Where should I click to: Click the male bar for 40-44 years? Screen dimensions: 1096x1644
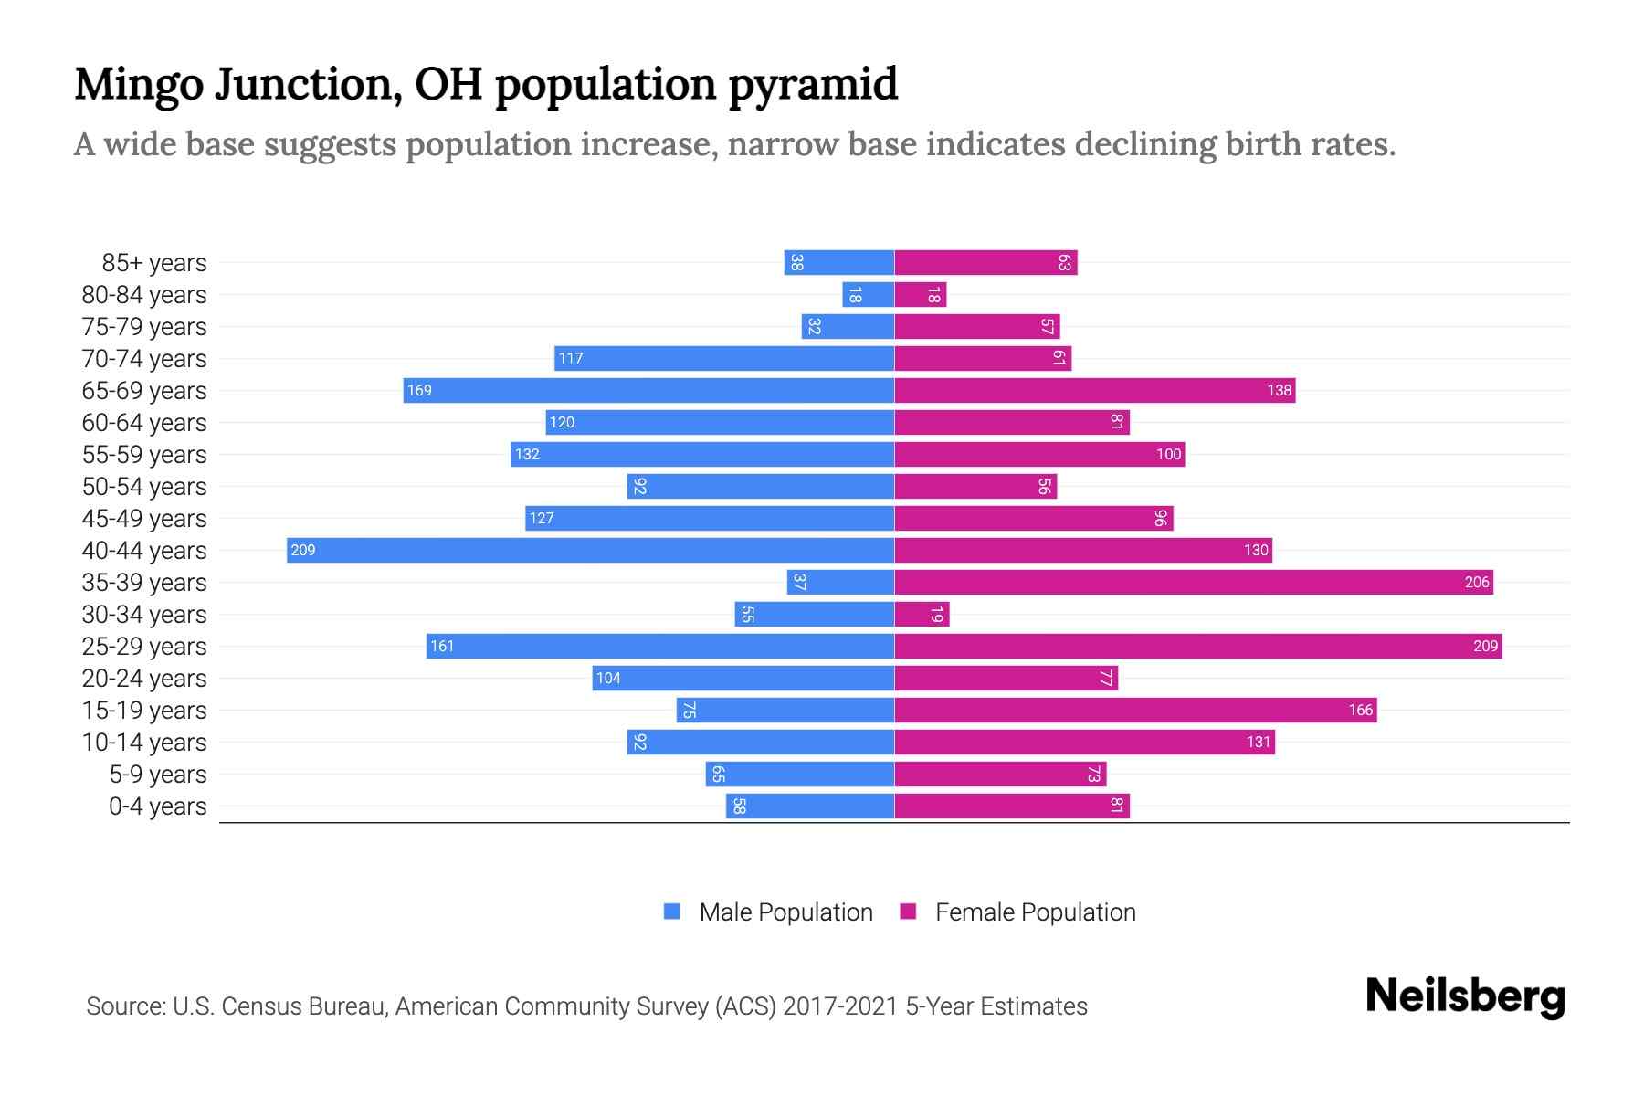(590, 550)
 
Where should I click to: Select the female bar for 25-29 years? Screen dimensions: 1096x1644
(1197, 646)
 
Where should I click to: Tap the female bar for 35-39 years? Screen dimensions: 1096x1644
(1193, 582)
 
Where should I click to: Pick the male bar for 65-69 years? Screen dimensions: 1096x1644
(648, 390)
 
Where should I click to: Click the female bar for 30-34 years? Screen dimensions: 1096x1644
(922, 614)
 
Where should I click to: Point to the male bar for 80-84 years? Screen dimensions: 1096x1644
(868, 294)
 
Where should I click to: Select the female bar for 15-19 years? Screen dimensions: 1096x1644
(1135, 710)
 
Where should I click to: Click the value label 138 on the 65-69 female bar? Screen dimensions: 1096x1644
(1279, 390)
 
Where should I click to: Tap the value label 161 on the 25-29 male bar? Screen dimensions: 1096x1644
(442, 646)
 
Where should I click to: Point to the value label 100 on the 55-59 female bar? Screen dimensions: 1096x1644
(1168, 454)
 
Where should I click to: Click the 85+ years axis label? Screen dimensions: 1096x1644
(154, 263)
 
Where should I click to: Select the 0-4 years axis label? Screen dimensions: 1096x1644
(157, 806)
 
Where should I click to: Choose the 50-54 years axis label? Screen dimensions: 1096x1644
(144, 487)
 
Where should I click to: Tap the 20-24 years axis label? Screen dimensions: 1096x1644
(144, 679)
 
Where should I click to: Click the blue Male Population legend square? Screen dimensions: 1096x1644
(672, 912)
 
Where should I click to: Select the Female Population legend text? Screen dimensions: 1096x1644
(1035, 912)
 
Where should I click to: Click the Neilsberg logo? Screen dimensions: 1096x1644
(1465, 996)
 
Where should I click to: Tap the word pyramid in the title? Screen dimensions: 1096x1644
(813, 85)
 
